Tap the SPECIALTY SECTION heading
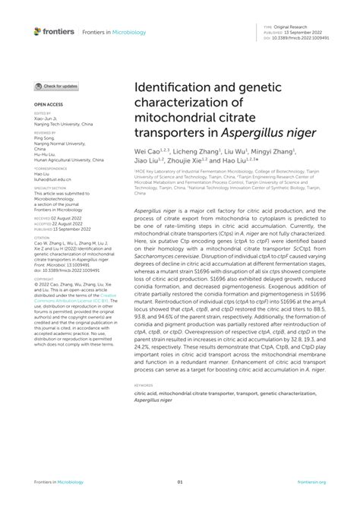[x=50, y=187]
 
